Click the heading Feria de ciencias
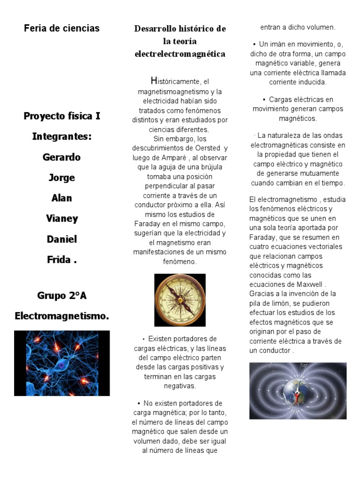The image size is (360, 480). click(62, 28)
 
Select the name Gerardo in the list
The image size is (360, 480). click(62, 157)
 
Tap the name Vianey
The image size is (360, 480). click(62, 218)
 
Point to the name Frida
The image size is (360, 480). click(60, 260)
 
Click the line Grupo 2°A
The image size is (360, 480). click(62, 296)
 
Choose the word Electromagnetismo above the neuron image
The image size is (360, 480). click(62, 316)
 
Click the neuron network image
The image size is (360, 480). click(62, 363)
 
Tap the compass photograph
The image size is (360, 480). click(180, 300)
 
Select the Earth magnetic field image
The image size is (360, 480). click(298, 390)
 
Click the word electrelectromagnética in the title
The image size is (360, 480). click(180, 54)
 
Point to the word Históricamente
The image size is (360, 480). click(173, 81)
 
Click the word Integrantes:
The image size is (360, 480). click(62, 136)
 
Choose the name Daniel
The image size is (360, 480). click(62, 239)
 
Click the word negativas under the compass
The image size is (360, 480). click(180, 386)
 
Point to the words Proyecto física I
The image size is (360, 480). click(62, 116)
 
